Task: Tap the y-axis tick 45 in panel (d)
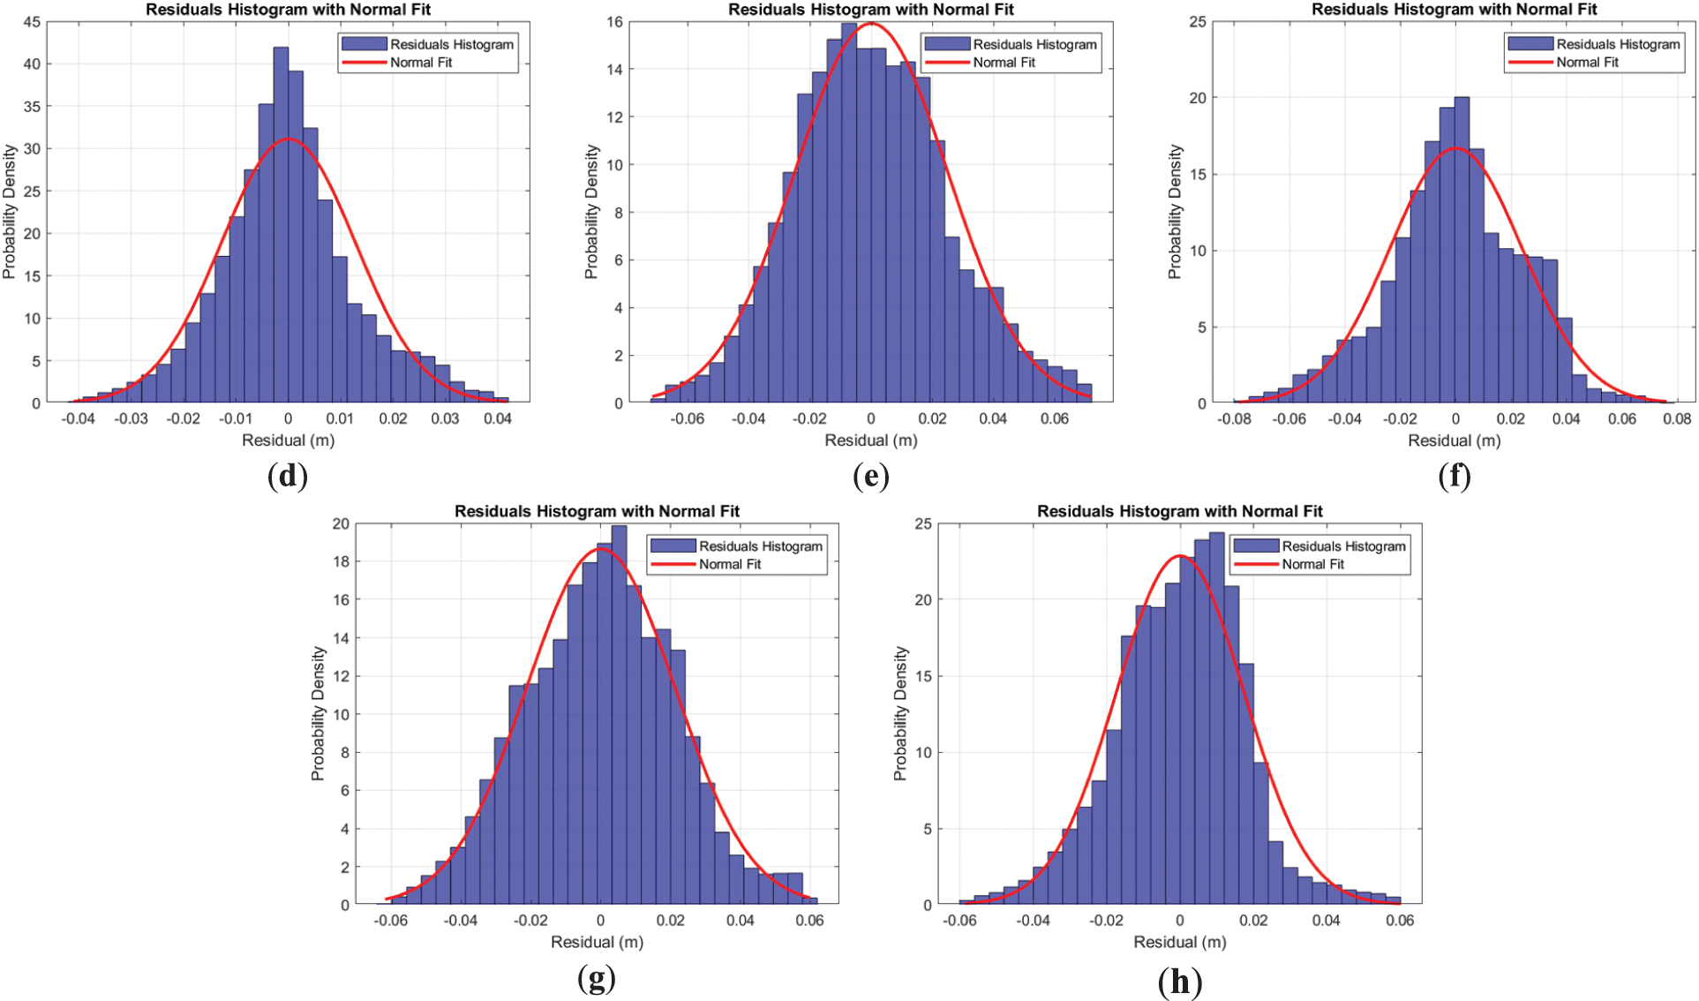[32, 22]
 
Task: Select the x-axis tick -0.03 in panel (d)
[131, 418]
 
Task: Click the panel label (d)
[288, 477]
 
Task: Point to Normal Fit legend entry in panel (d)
[421, 63]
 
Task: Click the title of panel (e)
[870, 10]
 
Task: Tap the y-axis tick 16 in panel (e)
[615, 22]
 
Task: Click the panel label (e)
[871, 477]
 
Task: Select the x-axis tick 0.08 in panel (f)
[1677, 418]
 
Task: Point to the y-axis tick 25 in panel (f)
[1198, 22]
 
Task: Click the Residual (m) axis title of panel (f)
[1454, 440]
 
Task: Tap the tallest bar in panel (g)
[619, 715]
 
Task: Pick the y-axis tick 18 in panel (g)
[341, 561]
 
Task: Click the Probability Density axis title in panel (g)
[318, 713]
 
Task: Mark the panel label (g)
[597, 978]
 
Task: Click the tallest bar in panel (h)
[1216, 719]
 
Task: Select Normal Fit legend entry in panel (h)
[1312, 564]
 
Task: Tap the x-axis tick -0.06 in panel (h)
[960, 920]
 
